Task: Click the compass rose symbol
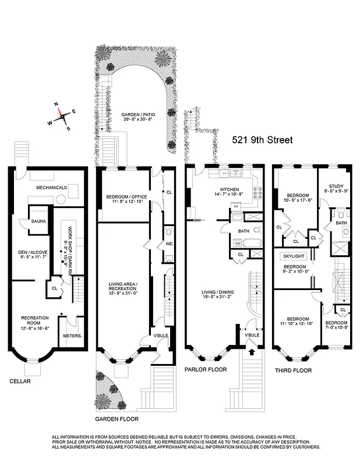tap(61, 115)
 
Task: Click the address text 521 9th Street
tap(262, 140)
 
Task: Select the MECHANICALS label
tap(52, 188)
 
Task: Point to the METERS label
tap(72, 336)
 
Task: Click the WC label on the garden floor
tap(168, 243)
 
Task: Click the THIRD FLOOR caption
tap(293, 370)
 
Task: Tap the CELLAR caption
tap(20, 382)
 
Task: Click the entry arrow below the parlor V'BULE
tap(252, 352)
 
